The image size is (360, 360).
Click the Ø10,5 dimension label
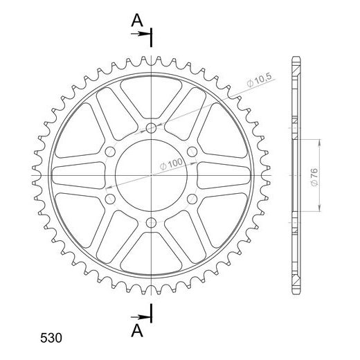point(259,80)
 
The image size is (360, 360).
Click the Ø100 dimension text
point(171,163)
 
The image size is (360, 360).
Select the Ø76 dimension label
point(314,177)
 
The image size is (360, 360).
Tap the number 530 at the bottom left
point(51,338)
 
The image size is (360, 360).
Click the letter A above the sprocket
point(137,20)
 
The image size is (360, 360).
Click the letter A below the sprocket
point(137,331)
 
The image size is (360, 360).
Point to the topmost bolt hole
point(151,128)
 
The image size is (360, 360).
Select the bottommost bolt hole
point(151,223)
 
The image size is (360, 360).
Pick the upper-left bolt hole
point(110,152)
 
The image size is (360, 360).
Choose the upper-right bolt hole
point(192,152)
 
